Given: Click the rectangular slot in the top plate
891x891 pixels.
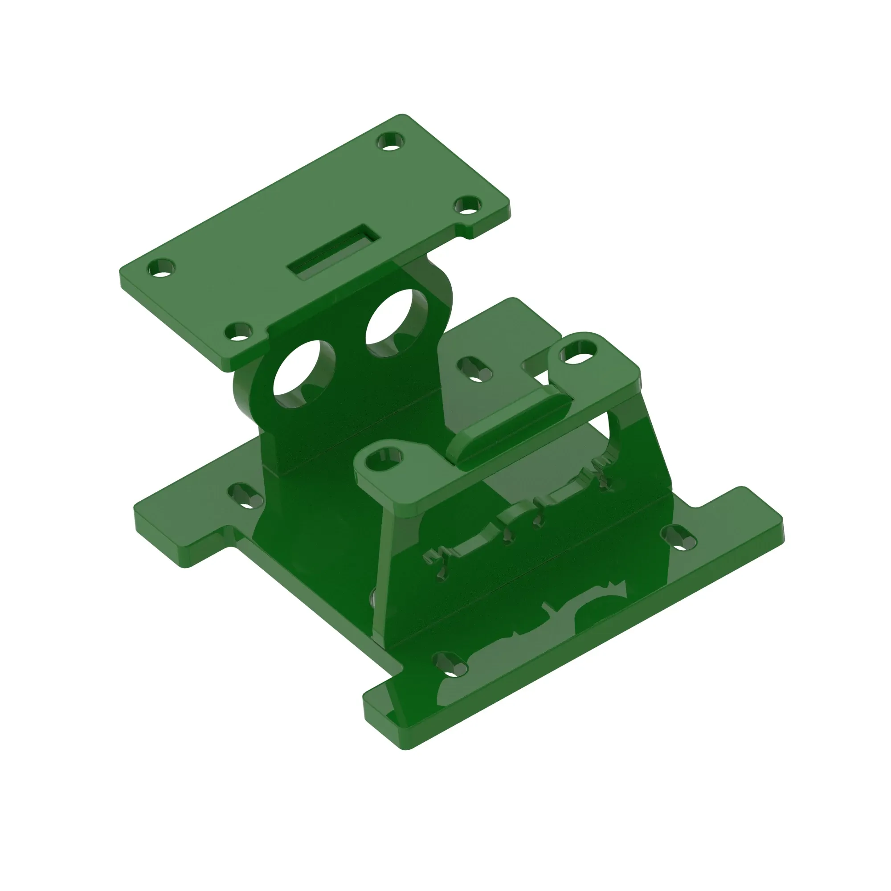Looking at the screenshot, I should (333, 252).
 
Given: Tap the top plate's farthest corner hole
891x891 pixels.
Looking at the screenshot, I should (391, 142).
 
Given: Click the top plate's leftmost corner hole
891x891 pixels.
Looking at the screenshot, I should (161, 268).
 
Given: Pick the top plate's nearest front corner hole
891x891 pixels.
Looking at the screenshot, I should (238, 331).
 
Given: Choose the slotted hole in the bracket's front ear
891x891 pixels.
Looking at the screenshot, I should (384, 458).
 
